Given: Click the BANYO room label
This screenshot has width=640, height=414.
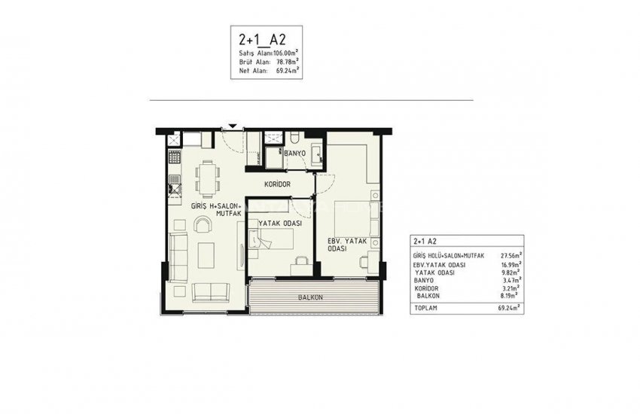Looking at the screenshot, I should click(x=294, y=153).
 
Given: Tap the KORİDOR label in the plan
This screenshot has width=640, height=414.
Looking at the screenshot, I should click(x=277, y=184).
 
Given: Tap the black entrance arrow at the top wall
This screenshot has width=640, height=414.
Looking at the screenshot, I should click(x=233, y=126).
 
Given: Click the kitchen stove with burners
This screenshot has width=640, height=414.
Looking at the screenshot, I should click(x=174, y=159).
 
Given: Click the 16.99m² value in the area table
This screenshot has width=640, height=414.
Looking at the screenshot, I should click(x=511, y=265).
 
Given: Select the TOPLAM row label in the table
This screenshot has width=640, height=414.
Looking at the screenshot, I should click(x=427, y=309).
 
